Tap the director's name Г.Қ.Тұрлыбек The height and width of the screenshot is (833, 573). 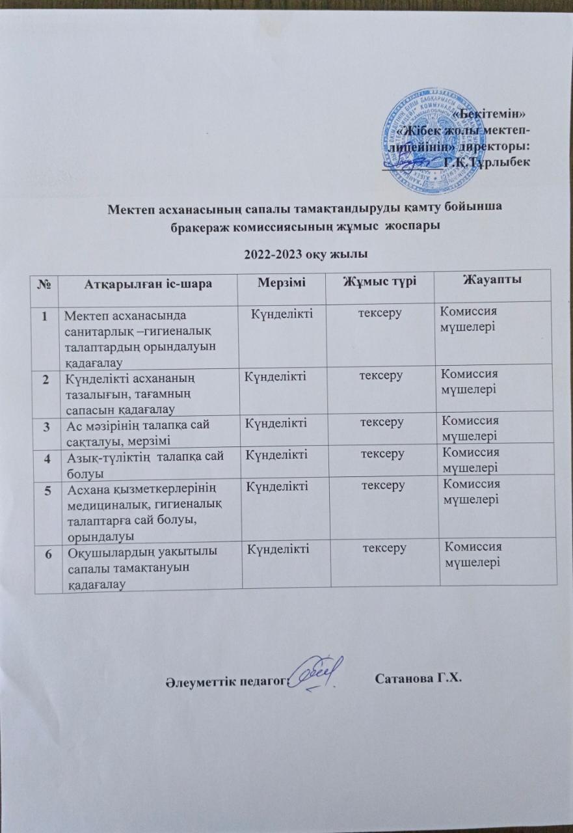click(x=488, y=161)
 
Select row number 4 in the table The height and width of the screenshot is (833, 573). click(x=46, y=457)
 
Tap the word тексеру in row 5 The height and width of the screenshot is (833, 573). click(x=383, y=485)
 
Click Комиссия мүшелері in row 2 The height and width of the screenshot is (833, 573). click(x=470, y=381)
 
